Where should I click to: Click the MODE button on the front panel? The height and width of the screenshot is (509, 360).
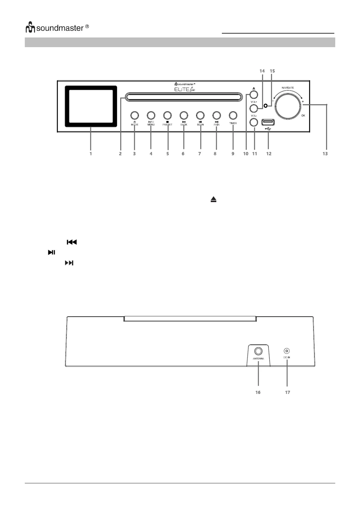(135, 115)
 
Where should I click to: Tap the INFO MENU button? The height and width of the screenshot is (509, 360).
(151, 115)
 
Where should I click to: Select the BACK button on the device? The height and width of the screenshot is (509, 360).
(184, 115)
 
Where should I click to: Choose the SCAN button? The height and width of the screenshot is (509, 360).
(200, 115)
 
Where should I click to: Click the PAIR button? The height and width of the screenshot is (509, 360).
(216, 115)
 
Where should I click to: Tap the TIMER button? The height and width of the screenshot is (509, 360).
(233, 115)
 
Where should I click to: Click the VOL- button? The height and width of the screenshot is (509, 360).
(254, 122)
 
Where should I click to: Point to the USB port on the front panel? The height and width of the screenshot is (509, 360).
(268, 122)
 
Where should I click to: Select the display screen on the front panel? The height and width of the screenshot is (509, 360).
(91, 106)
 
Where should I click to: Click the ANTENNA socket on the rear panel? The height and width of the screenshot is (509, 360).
(258, 351)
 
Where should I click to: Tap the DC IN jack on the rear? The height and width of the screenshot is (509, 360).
(287, 351)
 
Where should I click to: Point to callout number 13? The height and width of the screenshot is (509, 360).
(325, 154)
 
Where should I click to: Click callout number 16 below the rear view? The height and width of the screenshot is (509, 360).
(258, 392)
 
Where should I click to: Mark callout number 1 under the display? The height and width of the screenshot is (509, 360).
(90, 154)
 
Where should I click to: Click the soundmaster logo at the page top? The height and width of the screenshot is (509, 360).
(57, 28)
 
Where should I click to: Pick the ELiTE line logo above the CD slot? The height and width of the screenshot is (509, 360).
(185, 89)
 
